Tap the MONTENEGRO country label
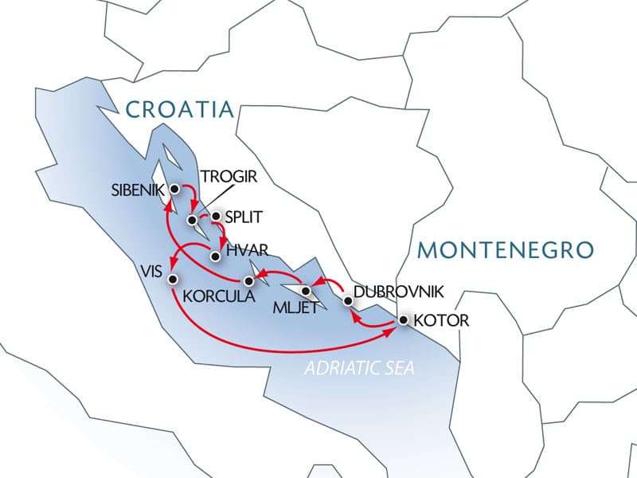coord(506,250)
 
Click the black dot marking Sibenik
coord(174,189)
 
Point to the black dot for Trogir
coord(192,219)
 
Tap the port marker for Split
coord(215,216)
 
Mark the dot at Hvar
coord(215,256)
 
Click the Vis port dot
coord(173,278)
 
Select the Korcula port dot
coord(248,280)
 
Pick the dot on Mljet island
coord(306,290)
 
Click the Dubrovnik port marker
coord(348,300)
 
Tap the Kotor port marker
coord(403,321)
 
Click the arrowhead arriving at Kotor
coord(392,329)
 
